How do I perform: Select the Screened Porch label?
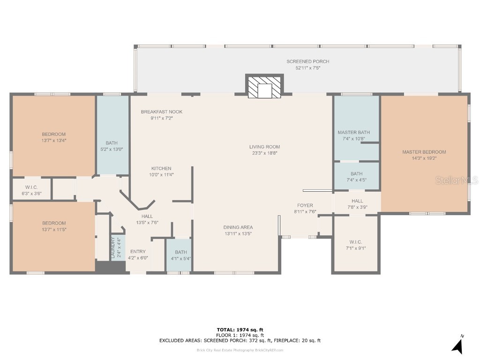[307, 61]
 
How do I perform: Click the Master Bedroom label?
[424, 152]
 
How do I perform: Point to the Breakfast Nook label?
[162, 112]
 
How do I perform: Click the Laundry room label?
[112, 247]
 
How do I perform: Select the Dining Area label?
[238, 227]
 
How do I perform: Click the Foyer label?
[305, 205]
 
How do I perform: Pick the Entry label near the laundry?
[138, 252]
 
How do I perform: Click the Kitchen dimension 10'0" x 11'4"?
[161, 175]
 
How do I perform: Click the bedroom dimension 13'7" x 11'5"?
[54, 229]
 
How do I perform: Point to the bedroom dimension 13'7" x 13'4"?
[54, 140]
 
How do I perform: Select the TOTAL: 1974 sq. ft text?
[240, 330]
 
